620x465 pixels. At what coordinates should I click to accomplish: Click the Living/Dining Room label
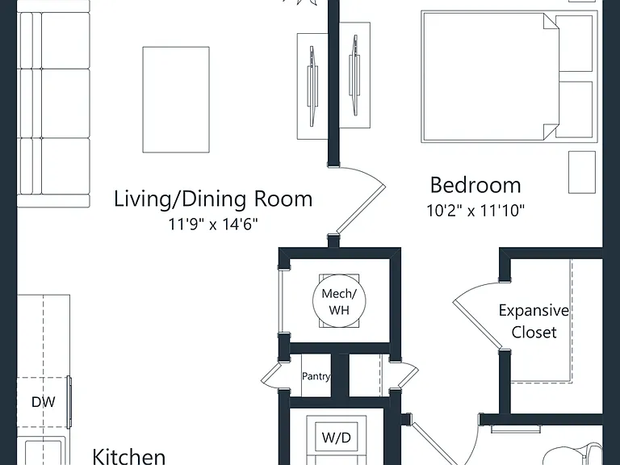(x=213, y=199)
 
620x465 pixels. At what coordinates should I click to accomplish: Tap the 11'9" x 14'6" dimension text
(x=213, y=224)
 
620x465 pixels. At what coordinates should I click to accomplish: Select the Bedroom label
(x=475, y=185)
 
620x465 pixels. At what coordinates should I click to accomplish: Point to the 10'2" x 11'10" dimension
(x=475, y=211)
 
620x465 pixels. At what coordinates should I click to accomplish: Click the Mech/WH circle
(x=339, y=301)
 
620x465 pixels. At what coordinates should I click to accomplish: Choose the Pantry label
(x=316, y=375)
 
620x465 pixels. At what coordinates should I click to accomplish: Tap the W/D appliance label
(x=336, y=438)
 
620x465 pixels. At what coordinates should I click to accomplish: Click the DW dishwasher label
(x=43, y=402)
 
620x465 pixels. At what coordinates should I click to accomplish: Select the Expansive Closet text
(x=534, y=321)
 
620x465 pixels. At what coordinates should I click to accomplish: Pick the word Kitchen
(x=129, y=457)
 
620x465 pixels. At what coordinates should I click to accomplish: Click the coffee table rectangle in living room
(x=176, y=99)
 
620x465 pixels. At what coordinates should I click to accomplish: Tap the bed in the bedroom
(x=509, y=77)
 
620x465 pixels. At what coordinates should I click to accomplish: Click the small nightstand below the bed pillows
(x=582, y=172)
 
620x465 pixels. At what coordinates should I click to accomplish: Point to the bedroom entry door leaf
(x=360, y=210)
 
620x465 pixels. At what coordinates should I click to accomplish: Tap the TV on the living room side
(x=312, y=86)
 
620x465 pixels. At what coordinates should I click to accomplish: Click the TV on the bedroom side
(x=354, y=76)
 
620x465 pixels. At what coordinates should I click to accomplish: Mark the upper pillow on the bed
(x=574, y=44)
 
